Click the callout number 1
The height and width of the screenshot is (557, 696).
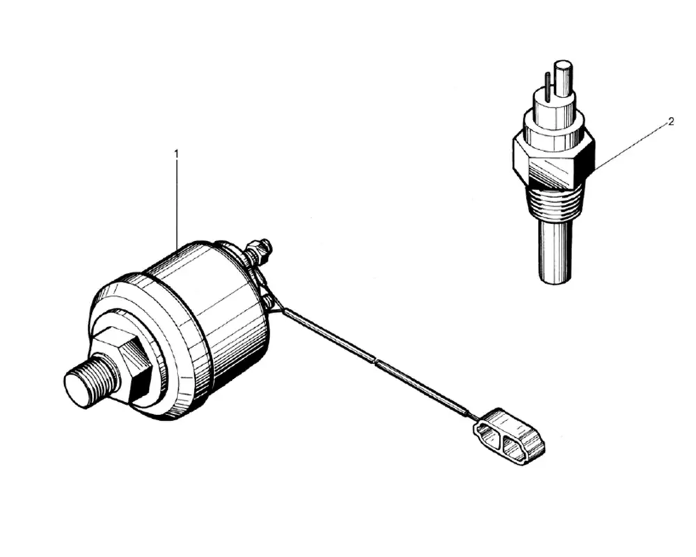click(177, 154)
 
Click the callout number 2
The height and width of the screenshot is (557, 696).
click(671, 121)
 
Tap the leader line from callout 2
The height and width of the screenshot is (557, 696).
click(631, 147)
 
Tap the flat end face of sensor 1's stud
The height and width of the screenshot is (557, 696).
click(78, 387)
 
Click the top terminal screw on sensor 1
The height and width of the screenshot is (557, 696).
click(259, 250)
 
